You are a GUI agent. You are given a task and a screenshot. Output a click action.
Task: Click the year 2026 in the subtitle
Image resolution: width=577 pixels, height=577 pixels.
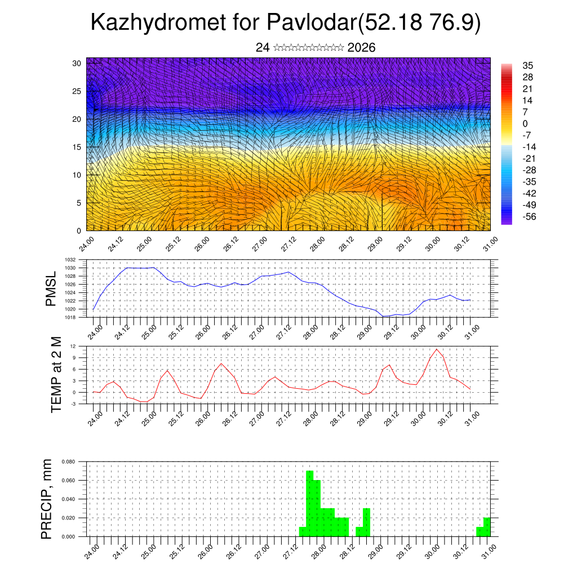coord(362,48)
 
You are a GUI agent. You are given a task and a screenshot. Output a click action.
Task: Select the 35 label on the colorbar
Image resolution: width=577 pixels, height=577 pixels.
coord(528,65)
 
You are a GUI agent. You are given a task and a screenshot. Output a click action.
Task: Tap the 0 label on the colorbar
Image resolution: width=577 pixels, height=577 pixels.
coord(525,123)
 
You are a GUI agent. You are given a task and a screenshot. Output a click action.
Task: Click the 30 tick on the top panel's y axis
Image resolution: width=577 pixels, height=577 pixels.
coord(77,63)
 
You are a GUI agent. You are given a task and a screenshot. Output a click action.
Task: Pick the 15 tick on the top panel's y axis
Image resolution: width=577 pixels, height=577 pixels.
coord(77,147)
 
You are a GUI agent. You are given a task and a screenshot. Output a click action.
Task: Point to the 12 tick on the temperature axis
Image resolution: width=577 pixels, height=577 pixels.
coord(73,345)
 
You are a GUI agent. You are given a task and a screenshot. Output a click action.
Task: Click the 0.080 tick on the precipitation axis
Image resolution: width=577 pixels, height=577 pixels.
coord(68,461)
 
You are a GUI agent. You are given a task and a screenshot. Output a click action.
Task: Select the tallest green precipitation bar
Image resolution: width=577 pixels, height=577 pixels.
coord(309,503)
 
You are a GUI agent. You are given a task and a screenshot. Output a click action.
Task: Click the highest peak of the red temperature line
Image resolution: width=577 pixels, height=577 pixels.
coord(436,349)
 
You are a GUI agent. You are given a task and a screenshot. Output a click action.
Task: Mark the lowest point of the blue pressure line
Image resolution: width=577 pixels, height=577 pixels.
coord(384,316)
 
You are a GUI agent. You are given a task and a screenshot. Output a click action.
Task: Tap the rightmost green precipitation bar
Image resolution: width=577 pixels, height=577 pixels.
coord(487,527)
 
